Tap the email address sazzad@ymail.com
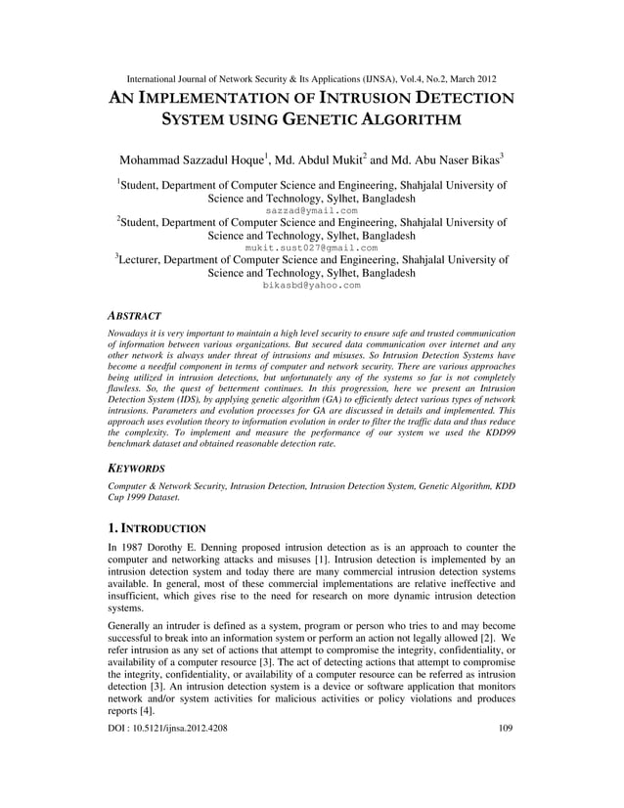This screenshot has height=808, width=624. coord(311,210)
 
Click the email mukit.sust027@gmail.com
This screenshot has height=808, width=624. coord(311,248)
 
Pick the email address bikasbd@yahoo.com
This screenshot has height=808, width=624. coord(311,286)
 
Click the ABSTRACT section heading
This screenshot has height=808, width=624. coord(134,317)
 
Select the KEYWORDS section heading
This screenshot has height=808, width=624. coord(136,469)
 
